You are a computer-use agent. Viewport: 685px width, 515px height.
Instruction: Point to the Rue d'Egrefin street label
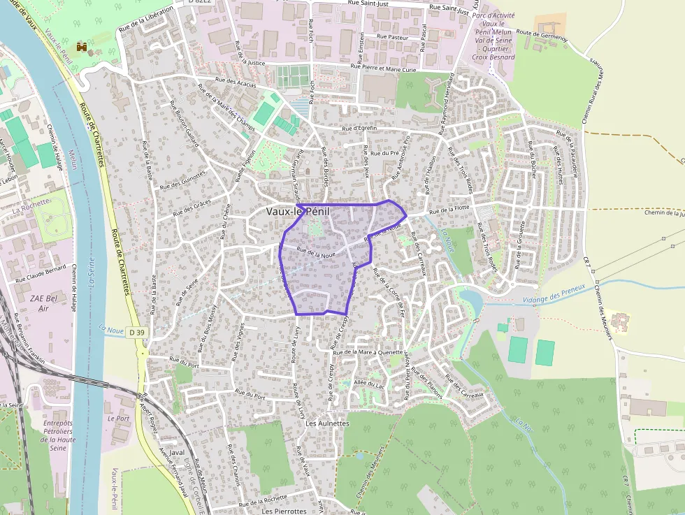coord(359,129)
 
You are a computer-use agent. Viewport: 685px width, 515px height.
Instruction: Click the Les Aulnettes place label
coord(327,423)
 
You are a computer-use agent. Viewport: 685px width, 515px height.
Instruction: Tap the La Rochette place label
coord(31,203)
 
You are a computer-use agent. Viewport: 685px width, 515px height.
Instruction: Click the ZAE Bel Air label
coord(45,303)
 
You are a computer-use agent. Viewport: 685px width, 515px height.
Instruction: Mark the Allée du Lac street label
coord(370,384)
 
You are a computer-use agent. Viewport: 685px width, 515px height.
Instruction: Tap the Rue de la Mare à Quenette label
coord(370,352)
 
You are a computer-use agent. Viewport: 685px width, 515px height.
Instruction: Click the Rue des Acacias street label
coord(236,80)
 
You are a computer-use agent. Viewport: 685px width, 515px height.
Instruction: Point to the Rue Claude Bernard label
coord(43,269)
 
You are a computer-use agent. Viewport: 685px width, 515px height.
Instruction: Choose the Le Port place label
coord(119,418)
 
